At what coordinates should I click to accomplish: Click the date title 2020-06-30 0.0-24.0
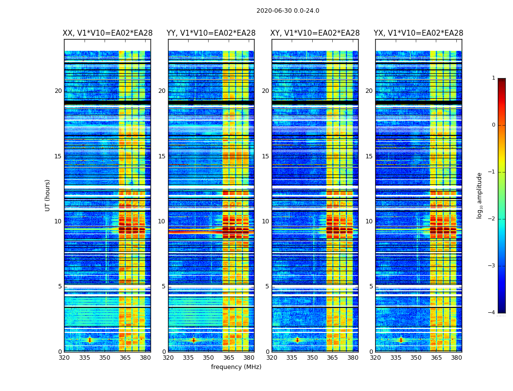[x=288, y=11]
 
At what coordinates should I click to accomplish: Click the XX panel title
[x=107, y=33]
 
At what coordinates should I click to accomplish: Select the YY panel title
[x=211, y=33]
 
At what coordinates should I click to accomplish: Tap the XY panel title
[x=315, y=33]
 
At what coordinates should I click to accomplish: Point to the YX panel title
[x=418, y=33]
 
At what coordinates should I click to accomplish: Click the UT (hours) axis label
[x=48, y=195]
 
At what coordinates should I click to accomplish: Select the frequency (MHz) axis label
[x=236, y=367]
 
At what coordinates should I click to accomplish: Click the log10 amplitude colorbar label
[x=480, y=195]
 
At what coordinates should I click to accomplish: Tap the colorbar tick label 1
[x=493, y=78]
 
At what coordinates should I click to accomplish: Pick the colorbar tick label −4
[x=492, y=313]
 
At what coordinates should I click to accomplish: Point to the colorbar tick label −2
[x=492, y=219]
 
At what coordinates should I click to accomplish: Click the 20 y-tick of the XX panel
[x=58, y=91]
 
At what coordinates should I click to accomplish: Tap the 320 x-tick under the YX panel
[x=375, y=358]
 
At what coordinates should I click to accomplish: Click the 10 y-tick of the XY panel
[x=266, y=221]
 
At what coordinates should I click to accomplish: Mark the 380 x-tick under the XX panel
[x=145, y=358]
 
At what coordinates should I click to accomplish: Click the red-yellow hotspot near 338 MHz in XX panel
[x=89, y=340]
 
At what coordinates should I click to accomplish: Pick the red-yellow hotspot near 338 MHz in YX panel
[x=401, y=340]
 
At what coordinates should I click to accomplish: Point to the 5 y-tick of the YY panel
[x=164, y=286]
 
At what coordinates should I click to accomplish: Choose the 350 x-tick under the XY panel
[x=312, y=358]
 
